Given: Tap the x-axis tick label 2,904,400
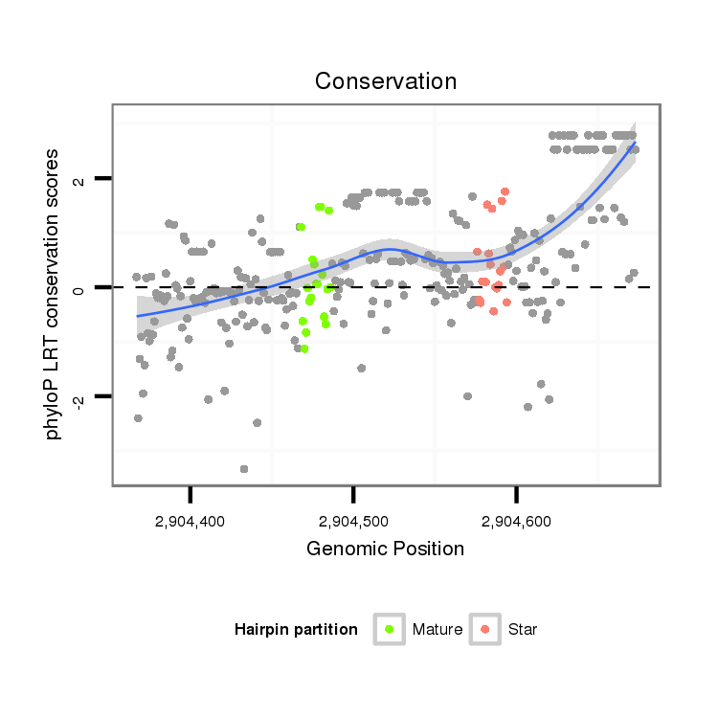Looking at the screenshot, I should point(191,522).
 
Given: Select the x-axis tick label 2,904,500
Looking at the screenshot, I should point(353,522).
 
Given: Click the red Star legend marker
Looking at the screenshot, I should point(485,629).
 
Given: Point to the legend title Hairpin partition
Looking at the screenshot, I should point(296,630).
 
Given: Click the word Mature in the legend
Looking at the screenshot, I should point(438,630).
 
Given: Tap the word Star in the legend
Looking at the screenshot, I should point(524,630).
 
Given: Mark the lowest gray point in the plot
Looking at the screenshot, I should point(244,468).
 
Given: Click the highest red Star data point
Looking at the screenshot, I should point(505,191).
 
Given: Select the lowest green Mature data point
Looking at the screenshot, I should point(304,348).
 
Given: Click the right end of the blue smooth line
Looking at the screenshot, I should point(634,144).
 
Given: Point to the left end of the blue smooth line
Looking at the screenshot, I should point(138,315).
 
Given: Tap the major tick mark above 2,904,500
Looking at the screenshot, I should point(353,493).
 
